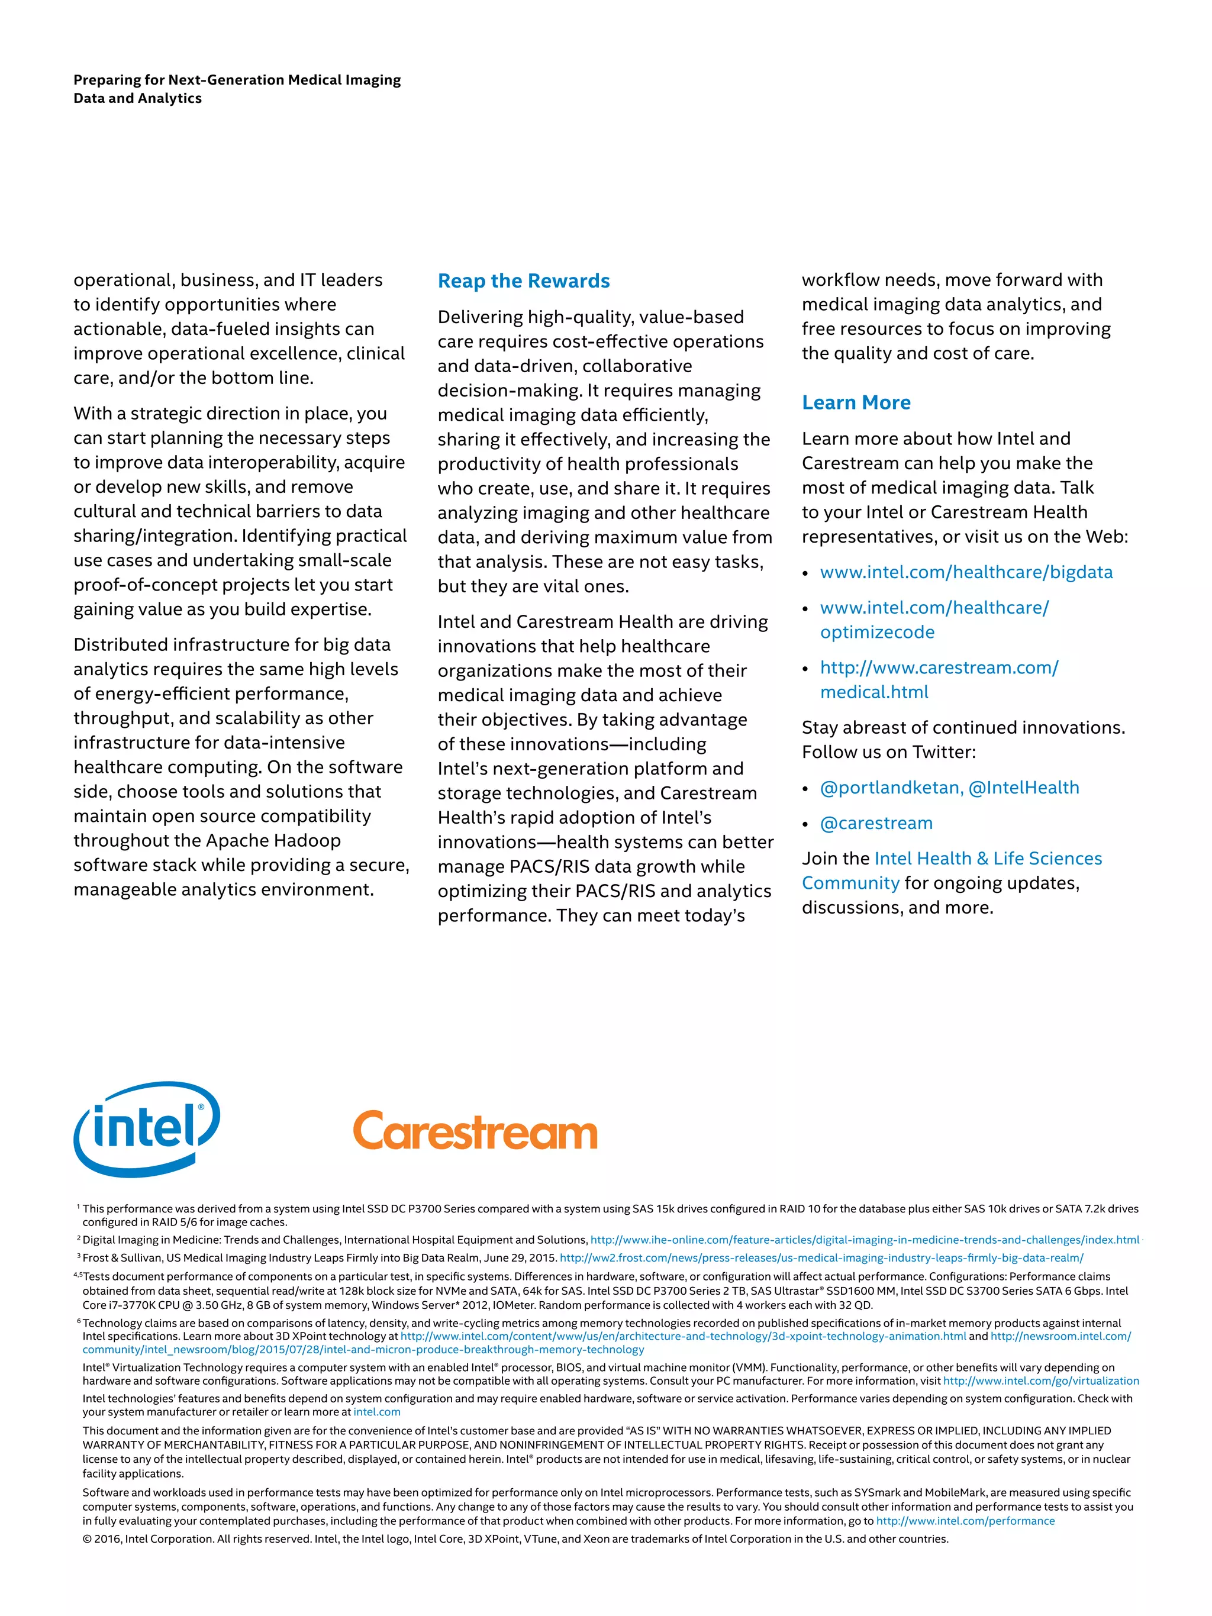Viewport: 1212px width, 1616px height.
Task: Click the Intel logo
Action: (146, 1129)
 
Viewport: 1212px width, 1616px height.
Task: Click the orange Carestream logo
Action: (475, 1131)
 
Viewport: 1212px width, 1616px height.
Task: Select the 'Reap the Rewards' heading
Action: (523, 281)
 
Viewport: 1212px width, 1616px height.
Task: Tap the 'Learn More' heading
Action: (856, 402)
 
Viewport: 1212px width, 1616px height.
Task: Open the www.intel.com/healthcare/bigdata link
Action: (966, 572)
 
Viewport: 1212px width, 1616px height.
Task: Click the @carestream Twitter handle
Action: (876, 823)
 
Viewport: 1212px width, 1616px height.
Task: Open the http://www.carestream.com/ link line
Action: (939, 667)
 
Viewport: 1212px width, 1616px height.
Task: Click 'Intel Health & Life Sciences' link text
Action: (988, 859)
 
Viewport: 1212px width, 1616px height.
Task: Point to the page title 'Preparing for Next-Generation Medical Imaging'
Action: (237, 80)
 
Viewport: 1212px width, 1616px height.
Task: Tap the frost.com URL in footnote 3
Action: (821, 1258)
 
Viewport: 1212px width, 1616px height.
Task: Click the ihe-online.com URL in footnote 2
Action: (864, 1240)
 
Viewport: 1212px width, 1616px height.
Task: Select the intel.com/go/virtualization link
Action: (1040, 1380)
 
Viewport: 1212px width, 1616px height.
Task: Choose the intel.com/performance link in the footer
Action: (965, 1521)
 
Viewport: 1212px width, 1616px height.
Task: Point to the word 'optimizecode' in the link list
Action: (876, 633)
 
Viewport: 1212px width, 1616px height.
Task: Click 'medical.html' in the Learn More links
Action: (873, 692)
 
